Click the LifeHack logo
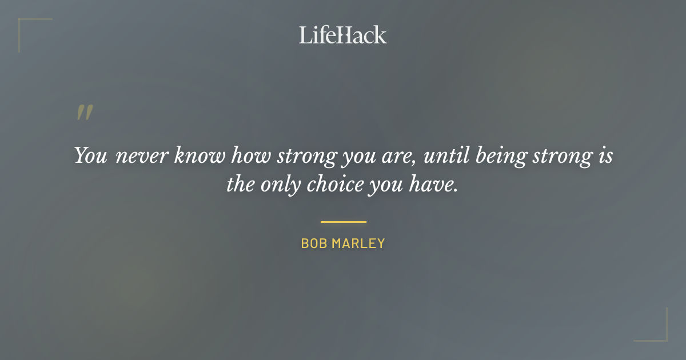343,35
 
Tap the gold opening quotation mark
85,113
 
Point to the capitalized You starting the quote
90,156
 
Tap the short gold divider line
343,222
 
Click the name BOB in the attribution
313,243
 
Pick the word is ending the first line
605,156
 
